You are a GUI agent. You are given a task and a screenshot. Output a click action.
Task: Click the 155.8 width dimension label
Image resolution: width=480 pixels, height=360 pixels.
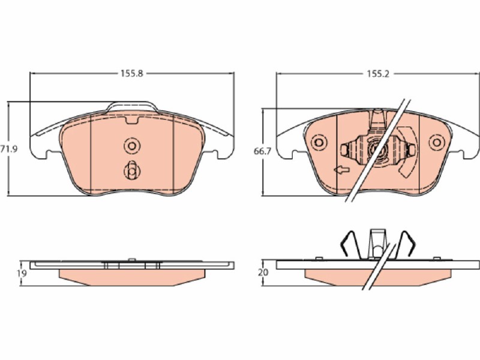(x=131, y=73)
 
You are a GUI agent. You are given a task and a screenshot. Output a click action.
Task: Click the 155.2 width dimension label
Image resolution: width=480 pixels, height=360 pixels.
(x=378, y=74)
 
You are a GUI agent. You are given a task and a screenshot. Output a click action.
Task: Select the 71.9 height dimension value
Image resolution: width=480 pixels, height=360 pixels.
(x=9, y=149)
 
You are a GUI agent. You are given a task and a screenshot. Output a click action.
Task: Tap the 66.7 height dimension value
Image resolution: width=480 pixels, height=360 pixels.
(x=262, y=151)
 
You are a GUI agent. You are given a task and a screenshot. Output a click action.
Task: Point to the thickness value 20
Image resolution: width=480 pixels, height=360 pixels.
(x=263, y=272)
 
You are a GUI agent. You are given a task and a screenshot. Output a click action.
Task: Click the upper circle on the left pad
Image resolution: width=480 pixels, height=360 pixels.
(x=132, y=146)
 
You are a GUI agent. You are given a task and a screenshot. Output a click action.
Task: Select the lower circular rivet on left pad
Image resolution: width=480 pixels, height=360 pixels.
(x=132, y=172)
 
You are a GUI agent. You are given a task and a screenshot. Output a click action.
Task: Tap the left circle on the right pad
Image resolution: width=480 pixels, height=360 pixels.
(x=319, y=143)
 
